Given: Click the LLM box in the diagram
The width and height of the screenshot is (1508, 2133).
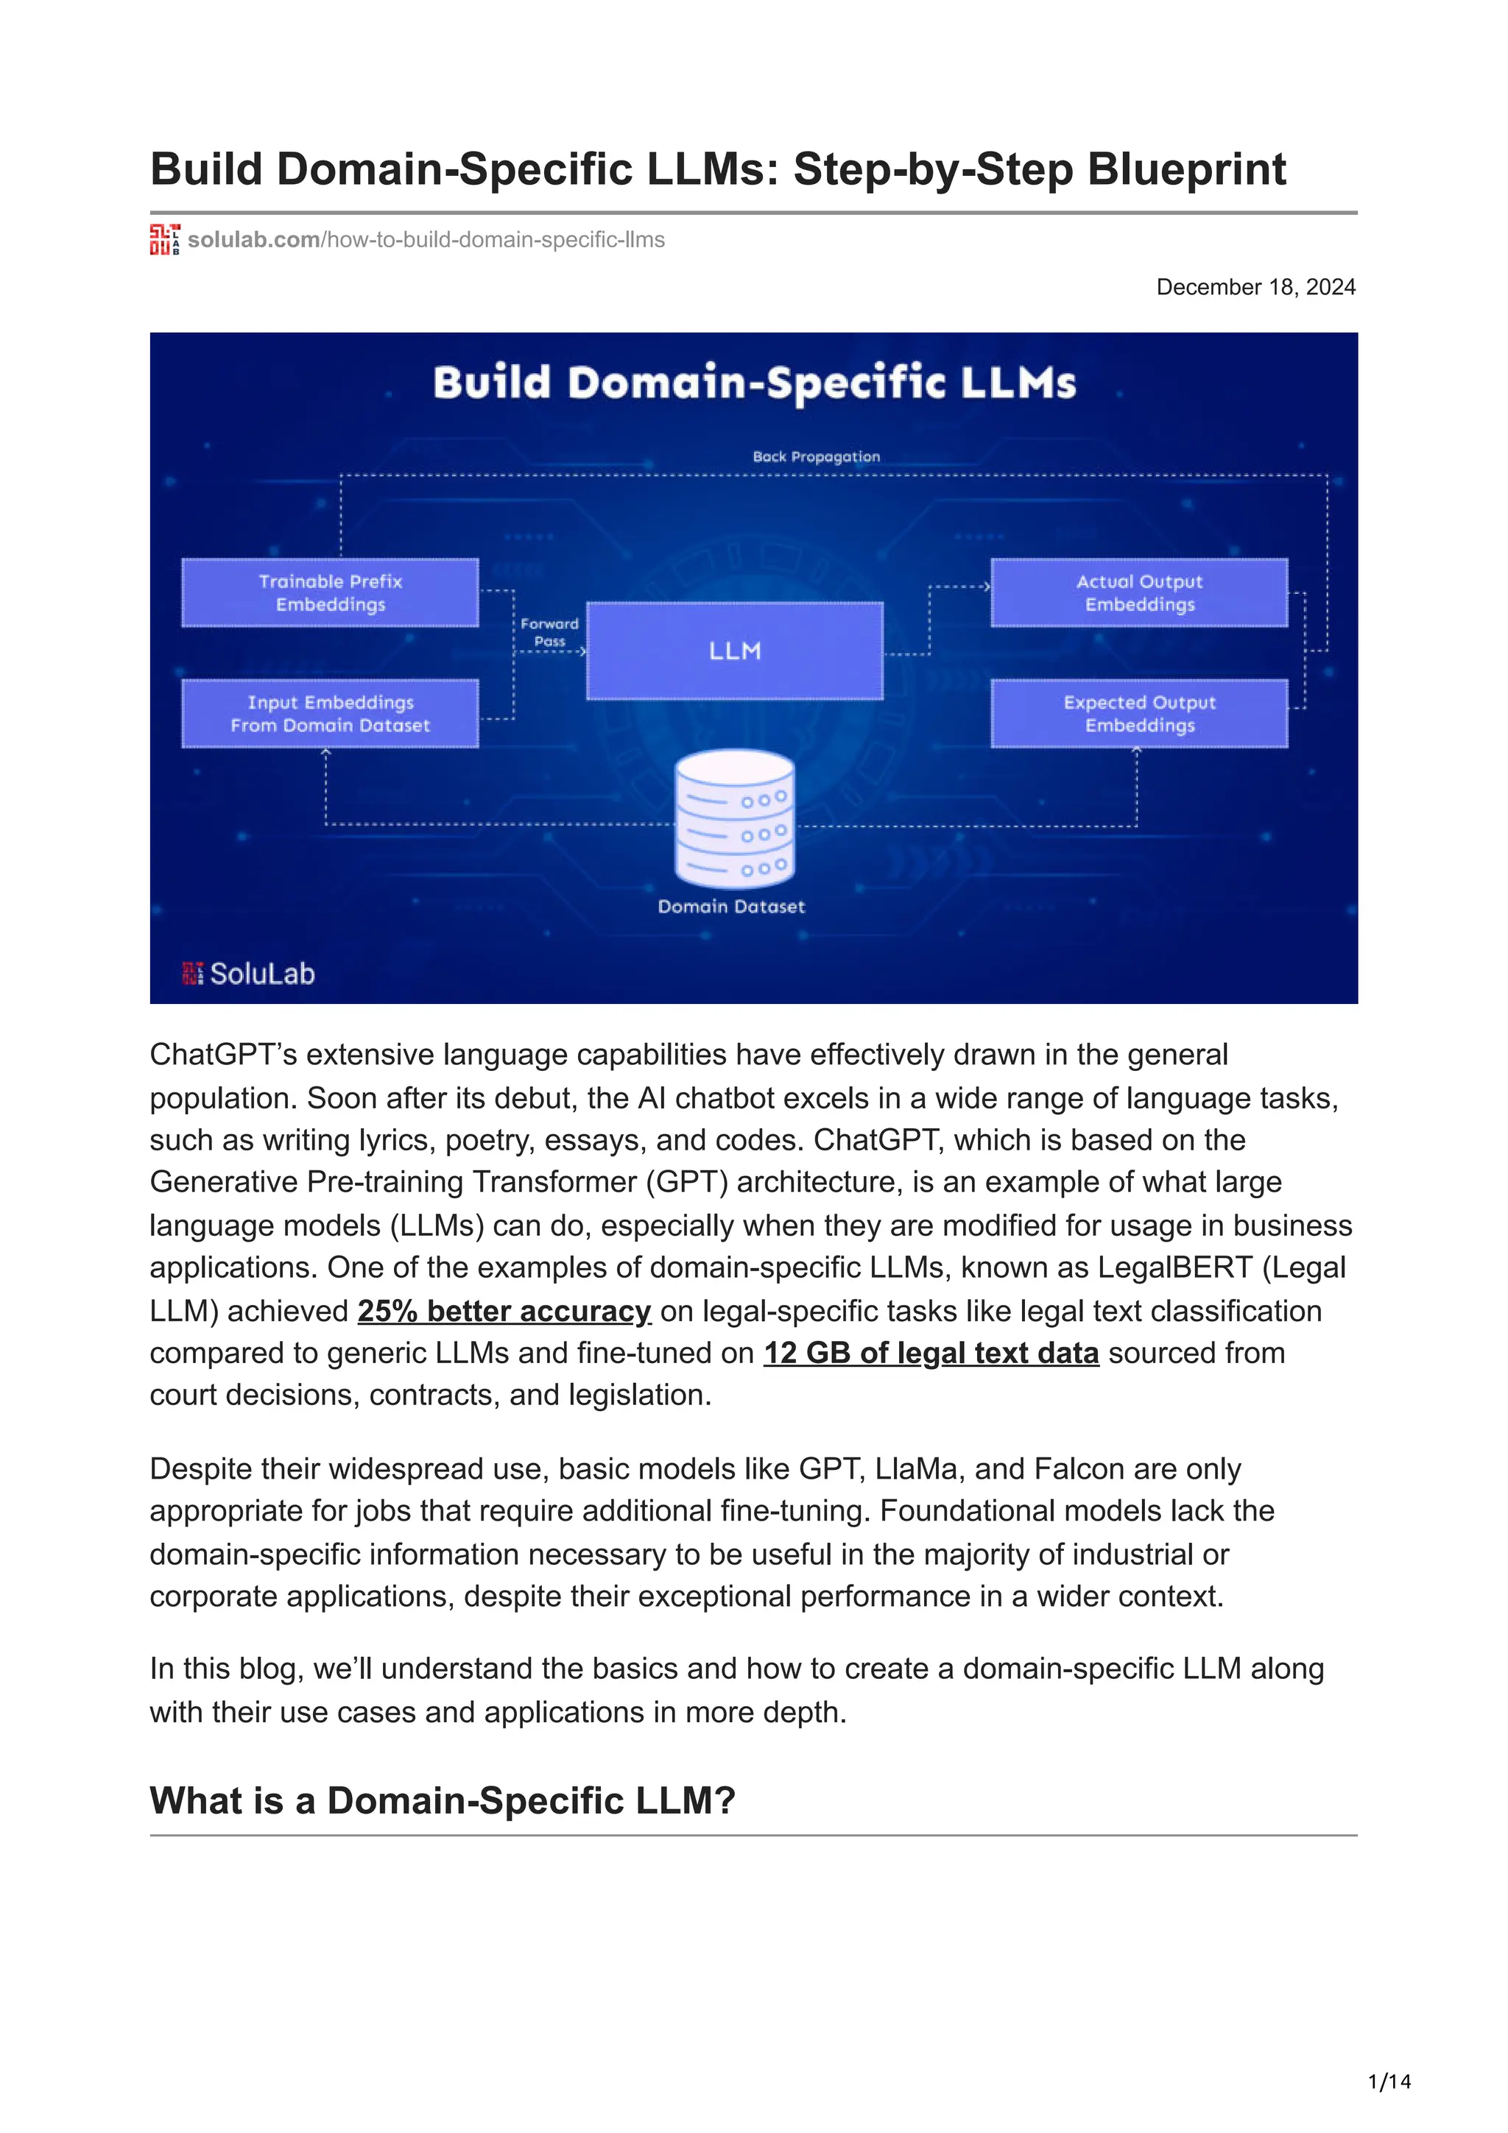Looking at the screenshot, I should [x=734, y=651].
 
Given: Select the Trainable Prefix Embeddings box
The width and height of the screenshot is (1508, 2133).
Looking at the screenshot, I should [x=330, y=592].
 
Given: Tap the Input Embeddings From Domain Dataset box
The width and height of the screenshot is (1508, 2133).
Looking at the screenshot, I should [x=330, y=713].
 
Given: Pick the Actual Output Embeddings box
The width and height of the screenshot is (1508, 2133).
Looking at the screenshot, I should [x=1139, y=592].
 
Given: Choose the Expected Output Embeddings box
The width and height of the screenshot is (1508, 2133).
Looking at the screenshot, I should [x=1139, y=713].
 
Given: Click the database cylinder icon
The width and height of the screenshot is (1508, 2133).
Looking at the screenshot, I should [x=734, y=818].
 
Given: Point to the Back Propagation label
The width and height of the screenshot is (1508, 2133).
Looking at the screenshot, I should [x=816, y=457].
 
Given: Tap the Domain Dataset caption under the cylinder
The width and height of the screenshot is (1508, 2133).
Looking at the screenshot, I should [x=731, y=907].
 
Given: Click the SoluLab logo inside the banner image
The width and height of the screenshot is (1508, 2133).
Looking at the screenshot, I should [x=249, y=974].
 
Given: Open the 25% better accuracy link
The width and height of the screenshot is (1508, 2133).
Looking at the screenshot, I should [x=504, y=1311].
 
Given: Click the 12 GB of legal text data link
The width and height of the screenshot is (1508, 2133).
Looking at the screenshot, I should [x=931, y=1353].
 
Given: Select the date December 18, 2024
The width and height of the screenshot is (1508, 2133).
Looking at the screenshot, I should [x=1255, y=287].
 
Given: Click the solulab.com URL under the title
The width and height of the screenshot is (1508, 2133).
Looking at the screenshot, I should [x=426, y=240].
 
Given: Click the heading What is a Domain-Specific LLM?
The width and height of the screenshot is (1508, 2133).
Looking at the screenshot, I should [x=443, y=1800].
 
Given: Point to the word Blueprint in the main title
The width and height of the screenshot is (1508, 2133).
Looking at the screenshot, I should [x=1186, y=169].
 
